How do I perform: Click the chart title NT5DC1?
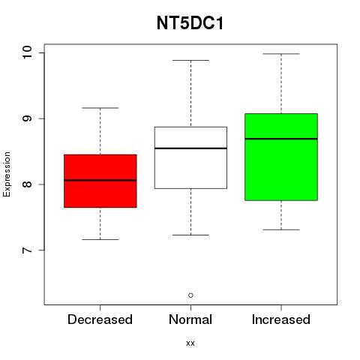tap(190, 23)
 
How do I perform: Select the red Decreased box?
tap(100, 181)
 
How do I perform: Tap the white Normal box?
tap(190, 157)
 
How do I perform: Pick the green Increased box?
tap(281, 157)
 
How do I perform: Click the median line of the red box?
tap(100, 180)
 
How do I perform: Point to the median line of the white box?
tap(190, 148)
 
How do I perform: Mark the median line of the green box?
tap(281, 139)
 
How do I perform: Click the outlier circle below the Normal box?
tap(190, 295)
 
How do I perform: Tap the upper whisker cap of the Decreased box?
tap(100, 108)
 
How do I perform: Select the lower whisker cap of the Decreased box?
tap(100, 239)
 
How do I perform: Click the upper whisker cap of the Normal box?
tap(190, 60)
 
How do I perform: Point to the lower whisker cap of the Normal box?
tap(190, 235)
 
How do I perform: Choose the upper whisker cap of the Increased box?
tap(281, 54)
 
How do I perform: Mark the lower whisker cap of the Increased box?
tap(281, 229)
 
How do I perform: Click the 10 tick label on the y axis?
tap(27, 52)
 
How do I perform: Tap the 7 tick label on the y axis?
tap(27, 250)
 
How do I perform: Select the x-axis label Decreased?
tap(100, 319)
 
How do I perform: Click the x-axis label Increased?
tap(281, 319)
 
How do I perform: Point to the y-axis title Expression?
tap(7, 174)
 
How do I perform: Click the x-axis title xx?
tap(190, 343)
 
